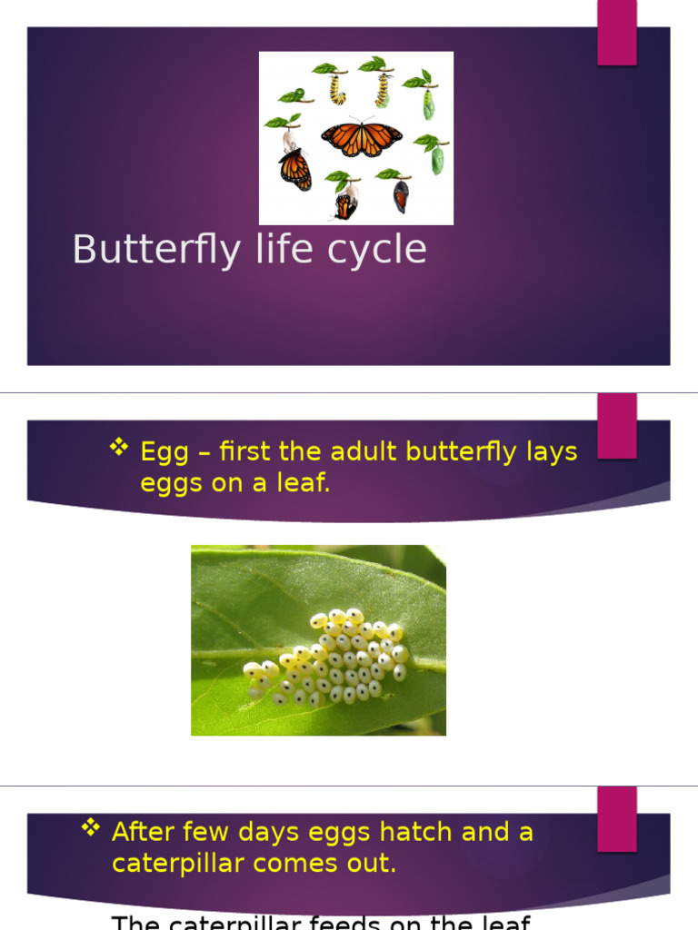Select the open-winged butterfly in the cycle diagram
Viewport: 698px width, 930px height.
coord(361,138)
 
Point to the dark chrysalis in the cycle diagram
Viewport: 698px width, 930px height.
coord(400,195)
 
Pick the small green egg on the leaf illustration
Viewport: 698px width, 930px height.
coord(299,94)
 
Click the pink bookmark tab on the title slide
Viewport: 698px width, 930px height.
coord(616,33)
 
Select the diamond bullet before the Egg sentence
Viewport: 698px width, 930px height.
coord(119,447)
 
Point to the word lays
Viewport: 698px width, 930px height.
coord(551,453)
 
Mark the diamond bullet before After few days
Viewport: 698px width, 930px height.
coord(90,826)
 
